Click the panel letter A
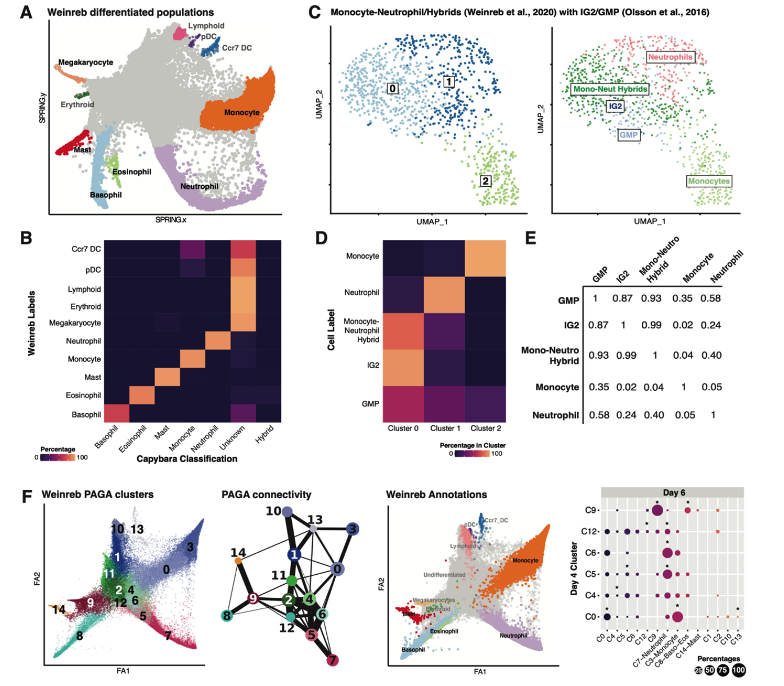(26, 12)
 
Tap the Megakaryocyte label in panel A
(85, 62)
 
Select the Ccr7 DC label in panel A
(237, 48)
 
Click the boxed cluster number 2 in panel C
(485, 180)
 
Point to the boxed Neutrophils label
(670, 57)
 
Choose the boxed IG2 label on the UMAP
(615, 106)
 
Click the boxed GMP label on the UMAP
(628, 135)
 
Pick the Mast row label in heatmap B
(93, 377)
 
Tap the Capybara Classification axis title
(187, 459)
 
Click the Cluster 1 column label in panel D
(445, 428)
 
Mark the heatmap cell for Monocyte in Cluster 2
(485, 258)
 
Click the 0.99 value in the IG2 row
(651, 325)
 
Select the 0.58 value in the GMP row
(710, 299)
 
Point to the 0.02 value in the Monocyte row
(626, 387)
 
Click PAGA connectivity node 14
(238, 560)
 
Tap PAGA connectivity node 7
(332, 660)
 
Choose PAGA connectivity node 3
(352, 529)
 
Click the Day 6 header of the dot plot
(674, 493)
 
